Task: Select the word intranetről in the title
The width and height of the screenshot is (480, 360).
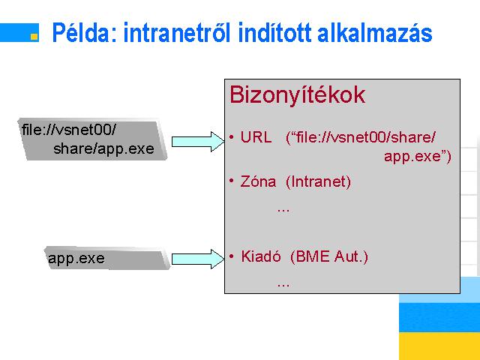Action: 177,32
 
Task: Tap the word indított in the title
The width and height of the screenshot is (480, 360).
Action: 274,32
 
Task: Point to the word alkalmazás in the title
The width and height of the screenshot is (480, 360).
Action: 375,32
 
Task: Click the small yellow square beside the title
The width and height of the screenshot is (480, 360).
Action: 34,37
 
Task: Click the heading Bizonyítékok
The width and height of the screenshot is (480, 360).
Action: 297,95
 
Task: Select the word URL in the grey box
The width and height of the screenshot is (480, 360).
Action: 256,137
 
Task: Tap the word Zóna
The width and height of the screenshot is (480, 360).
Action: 258,181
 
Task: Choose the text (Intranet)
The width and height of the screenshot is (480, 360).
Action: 318,181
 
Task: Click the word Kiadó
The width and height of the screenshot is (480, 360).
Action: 261,256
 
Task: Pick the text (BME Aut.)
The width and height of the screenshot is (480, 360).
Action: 329,256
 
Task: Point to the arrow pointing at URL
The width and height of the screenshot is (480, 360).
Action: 198,142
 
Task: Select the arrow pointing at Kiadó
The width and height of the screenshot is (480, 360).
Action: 198,259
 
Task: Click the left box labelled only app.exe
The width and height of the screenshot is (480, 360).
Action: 107,258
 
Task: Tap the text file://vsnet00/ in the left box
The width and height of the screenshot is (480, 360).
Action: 69,130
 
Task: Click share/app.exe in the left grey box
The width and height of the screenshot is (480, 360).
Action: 103,148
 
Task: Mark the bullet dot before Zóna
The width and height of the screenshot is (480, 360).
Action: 232,181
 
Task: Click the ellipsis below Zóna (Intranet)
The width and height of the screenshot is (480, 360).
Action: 283,210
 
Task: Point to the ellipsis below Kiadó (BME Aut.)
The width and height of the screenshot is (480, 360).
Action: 283,285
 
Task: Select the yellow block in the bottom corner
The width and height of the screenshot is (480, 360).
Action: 439,346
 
